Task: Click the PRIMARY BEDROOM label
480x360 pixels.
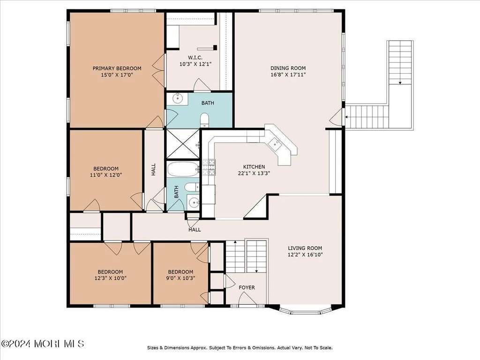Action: pyautogui.click(x=117, y=68)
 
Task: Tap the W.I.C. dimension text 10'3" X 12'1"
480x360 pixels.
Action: pyautogui.click(x=195, y=64)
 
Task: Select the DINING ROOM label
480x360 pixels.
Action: pyautogui.click(x=288, y=68)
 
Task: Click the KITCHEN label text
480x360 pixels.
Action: pyautogui.click(x=254, y=166)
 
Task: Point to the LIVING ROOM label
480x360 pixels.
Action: pyautogui.click(x=305, y=248)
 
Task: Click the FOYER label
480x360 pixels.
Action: pyautogui.click(x=247, y=287)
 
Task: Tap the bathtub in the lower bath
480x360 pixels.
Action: pyautogui.click(x=183, y=169)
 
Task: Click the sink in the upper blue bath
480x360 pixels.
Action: pyautogui.click(x=178, y=98)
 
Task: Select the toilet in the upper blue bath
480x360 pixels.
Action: pyautogui.click(x=204, y=120)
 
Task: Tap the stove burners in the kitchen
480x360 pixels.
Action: pyautogui.click(x=209, y=167)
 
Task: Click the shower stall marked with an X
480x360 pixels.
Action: pyautogui.click(x=183, y=144)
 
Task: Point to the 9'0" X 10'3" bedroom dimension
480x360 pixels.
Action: pyautogui.click(x=180, y=278)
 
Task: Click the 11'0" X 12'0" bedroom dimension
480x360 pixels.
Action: pyautogui.click(x=106, y=175)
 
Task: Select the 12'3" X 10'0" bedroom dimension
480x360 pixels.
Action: pyautogui.click(x=110, y=278)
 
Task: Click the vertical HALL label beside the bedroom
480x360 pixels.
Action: pyautogui.click(x=153, y=169)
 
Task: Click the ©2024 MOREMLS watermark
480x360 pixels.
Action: pyautogui.click(x=43, y=344)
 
